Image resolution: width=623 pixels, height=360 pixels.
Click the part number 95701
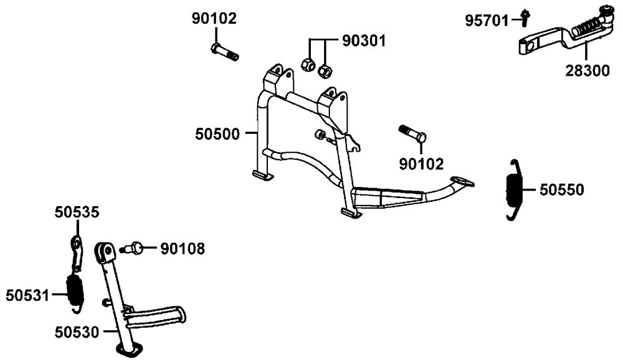(x=487, y=21)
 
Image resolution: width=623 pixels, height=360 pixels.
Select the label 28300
(x=587, y=71)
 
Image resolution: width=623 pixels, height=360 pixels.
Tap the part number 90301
(x=364, y=41)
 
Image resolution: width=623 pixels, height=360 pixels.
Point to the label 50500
(x=217, y=135)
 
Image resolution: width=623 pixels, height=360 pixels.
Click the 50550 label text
(x=561, y=190)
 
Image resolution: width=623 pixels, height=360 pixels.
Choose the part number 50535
(x=77, y=212)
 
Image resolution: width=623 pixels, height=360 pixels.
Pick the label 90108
(x=183, y=249)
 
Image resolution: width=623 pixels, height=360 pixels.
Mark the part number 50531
(x=27, y=296)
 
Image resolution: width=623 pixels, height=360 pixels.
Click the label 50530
(x=77, y=332)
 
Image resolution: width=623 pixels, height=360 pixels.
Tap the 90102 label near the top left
(x=214, y=19)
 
